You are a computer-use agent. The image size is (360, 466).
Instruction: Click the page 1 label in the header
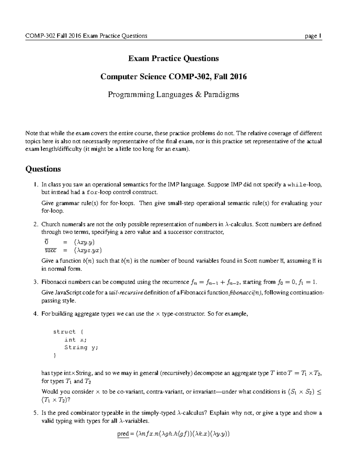(x=313, y=36)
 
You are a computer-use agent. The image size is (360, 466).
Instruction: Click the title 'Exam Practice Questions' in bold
(x=173, y=58)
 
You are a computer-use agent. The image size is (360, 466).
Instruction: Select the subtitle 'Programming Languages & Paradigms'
(x=173, y=95)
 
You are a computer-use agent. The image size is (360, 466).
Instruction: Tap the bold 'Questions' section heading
(x=43, y=169)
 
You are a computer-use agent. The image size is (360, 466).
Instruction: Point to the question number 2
(x=35, y=224)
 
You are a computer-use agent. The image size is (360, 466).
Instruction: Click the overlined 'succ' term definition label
(x=50, y=251)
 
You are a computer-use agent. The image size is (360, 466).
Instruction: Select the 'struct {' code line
(x=69, y=332)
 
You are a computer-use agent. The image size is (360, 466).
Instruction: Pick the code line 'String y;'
(x=81, y=347)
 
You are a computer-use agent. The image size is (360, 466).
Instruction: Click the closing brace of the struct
(x=55, y=356)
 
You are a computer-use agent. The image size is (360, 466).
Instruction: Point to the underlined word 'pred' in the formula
(x=123, y=434)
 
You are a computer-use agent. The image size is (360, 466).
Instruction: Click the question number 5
(x=35, y=413)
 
